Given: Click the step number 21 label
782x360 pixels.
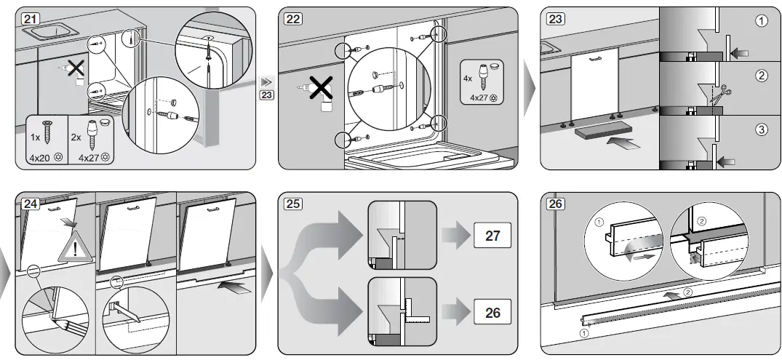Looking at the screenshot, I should point(31,19).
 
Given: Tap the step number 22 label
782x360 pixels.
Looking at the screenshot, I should point(293,19).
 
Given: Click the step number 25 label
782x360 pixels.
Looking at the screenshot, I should point(293,204).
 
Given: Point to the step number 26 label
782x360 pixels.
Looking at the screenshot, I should point(555,204).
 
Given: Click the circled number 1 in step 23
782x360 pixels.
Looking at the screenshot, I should point(762,21).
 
